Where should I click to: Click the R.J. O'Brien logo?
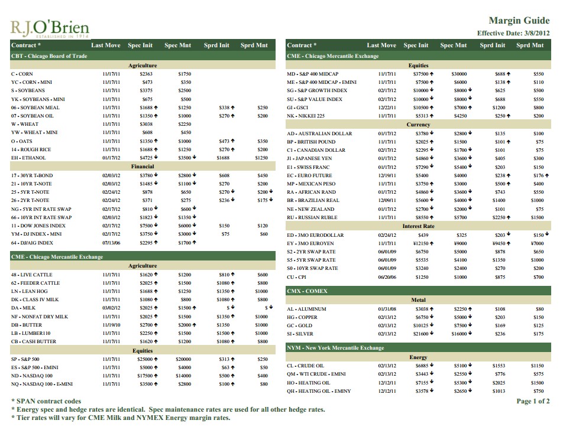(x=50, y=27)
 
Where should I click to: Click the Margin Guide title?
(x=519, y=21)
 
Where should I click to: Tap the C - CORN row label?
(x=22, y=74)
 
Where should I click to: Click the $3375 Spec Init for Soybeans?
(x=146, y=90)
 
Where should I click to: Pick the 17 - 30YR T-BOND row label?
(x=32, y=175)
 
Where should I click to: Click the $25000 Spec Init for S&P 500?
(x=145, y=359)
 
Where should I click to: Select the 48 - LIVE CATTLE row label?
(x=32, y=275)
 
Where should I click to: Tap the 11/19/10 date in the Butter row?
(x=111, y=325)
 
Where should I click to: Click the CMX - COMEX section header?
(x=307, y=291)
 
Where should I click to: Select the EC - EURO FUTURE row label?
(x=309, y=175)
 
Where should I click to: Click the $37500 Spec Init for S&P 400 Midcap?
(x=421, y=74)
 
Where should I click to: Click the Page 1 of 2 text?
(x=533, y=401)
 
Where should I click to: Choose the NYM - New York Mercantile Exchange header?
(x=335, y=348)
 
